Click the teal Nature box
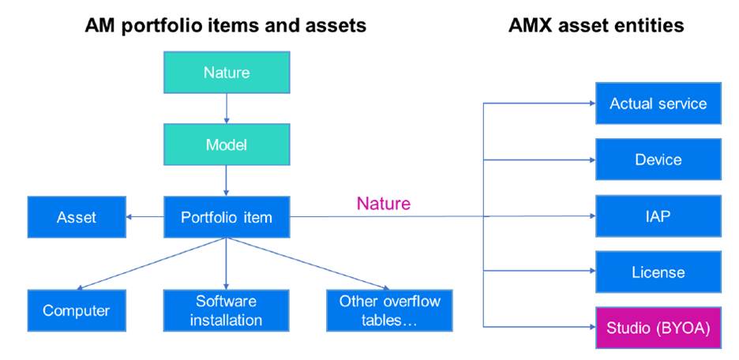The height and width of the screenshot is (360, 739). click(x=227, y=73)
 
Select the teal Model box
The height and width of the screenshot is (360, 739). click(x=227, y=145)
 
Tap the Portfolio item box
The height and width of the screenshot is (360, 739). click(x=227, y=217)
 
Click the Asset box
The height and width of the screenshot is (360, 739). click(x=76, y=217)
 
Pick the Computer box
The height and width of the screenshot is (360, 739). click(x=76, y=310)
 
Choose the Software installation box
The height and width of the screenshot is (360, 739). click(x=227, y=310)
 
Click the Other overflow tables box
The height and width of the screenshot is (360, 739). click(x=389, y=310)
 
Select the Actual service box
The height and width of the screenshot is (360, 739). click(x=658, y=103)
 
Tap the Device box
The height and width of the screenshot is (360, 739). click(x=658, y=159)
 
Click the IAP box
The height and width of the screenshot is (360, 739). click(x=658, y=216)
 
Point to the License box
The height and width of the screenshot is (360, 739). click(x=658, y=272)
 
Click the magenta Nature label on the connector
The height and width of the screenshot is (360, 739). click(x=384, y=204)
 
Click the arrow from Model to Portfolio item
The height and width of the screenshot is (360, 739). click(x=227, y=181)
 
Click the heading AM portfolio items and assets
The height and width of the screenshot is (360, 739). click(x=226, y=25)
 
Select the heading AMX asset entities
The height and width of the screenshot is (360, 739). click(x=596, y=25)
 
